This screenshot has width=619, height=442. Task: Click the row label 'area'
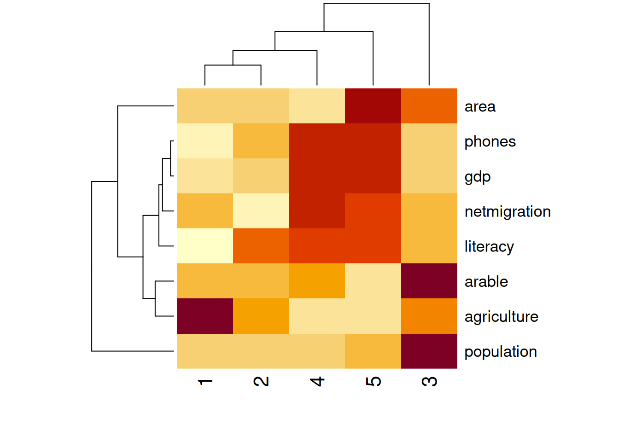click(x=480, y=107)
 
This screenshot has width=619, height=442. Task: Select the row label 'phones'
click(x=490, y=142)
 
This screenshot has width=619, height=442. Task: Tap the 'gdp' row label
click(x=478, y=177)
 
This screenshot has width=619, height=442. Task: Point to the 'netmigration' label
click(x=508, y=212)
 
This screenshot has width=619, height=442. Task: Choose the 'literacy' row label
click(x=489, y=247)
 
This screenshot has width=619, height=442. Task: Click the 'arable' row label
click(x=486, y=281)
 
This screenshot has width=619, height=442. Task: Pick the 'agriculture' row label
click(x=501, y=317)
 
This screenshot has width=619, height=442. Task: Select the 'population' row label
click(x=501, y=352)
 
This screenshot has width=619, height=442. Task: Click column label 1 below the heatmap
click(x=205, y=382)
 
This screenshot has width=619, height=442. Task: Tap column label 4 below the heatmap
click(x=317, y=382)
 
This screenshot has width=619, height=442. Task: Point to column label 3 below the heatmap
click(x=429, y=382)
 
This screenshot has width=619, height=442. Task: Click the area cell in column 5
click(x=373, y=106)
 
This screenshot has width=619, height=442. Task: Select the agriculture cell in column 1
click(x=205, y=316)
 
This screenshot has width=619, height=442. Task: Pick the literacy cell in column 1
click(x=205, y=246)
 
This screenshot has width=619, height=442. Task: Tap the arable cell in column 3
click(x=429, y=281)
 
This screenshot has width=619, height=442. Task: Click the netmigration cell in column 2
click(x=261, y=211)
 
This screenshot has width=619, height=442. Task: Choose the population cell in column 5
click(x=373, y=351)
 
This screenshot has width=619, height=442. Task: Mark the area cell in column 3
click(x=429, y=106)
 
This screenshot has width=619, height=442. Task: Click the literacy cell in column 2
click(x=261, y=246)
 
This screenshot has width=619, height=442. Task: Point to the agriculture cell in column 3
click(x=429, y=316)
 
